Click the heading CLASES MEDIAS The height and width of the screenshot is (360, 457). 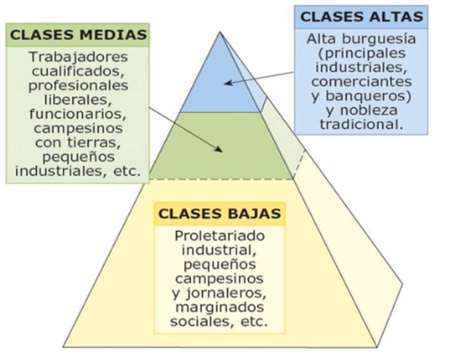coord(78,34)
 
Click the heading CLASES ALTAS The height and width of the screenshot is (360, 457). coord(362,16)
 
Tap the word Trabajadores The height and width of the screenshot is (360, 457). coord(78,55)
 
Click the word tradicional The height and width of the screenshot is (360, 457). coord(362,124)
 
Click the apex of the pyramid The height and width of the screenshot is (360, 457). coord(220,32)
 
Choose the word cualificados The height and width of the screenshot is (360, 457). coord(78,69)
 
